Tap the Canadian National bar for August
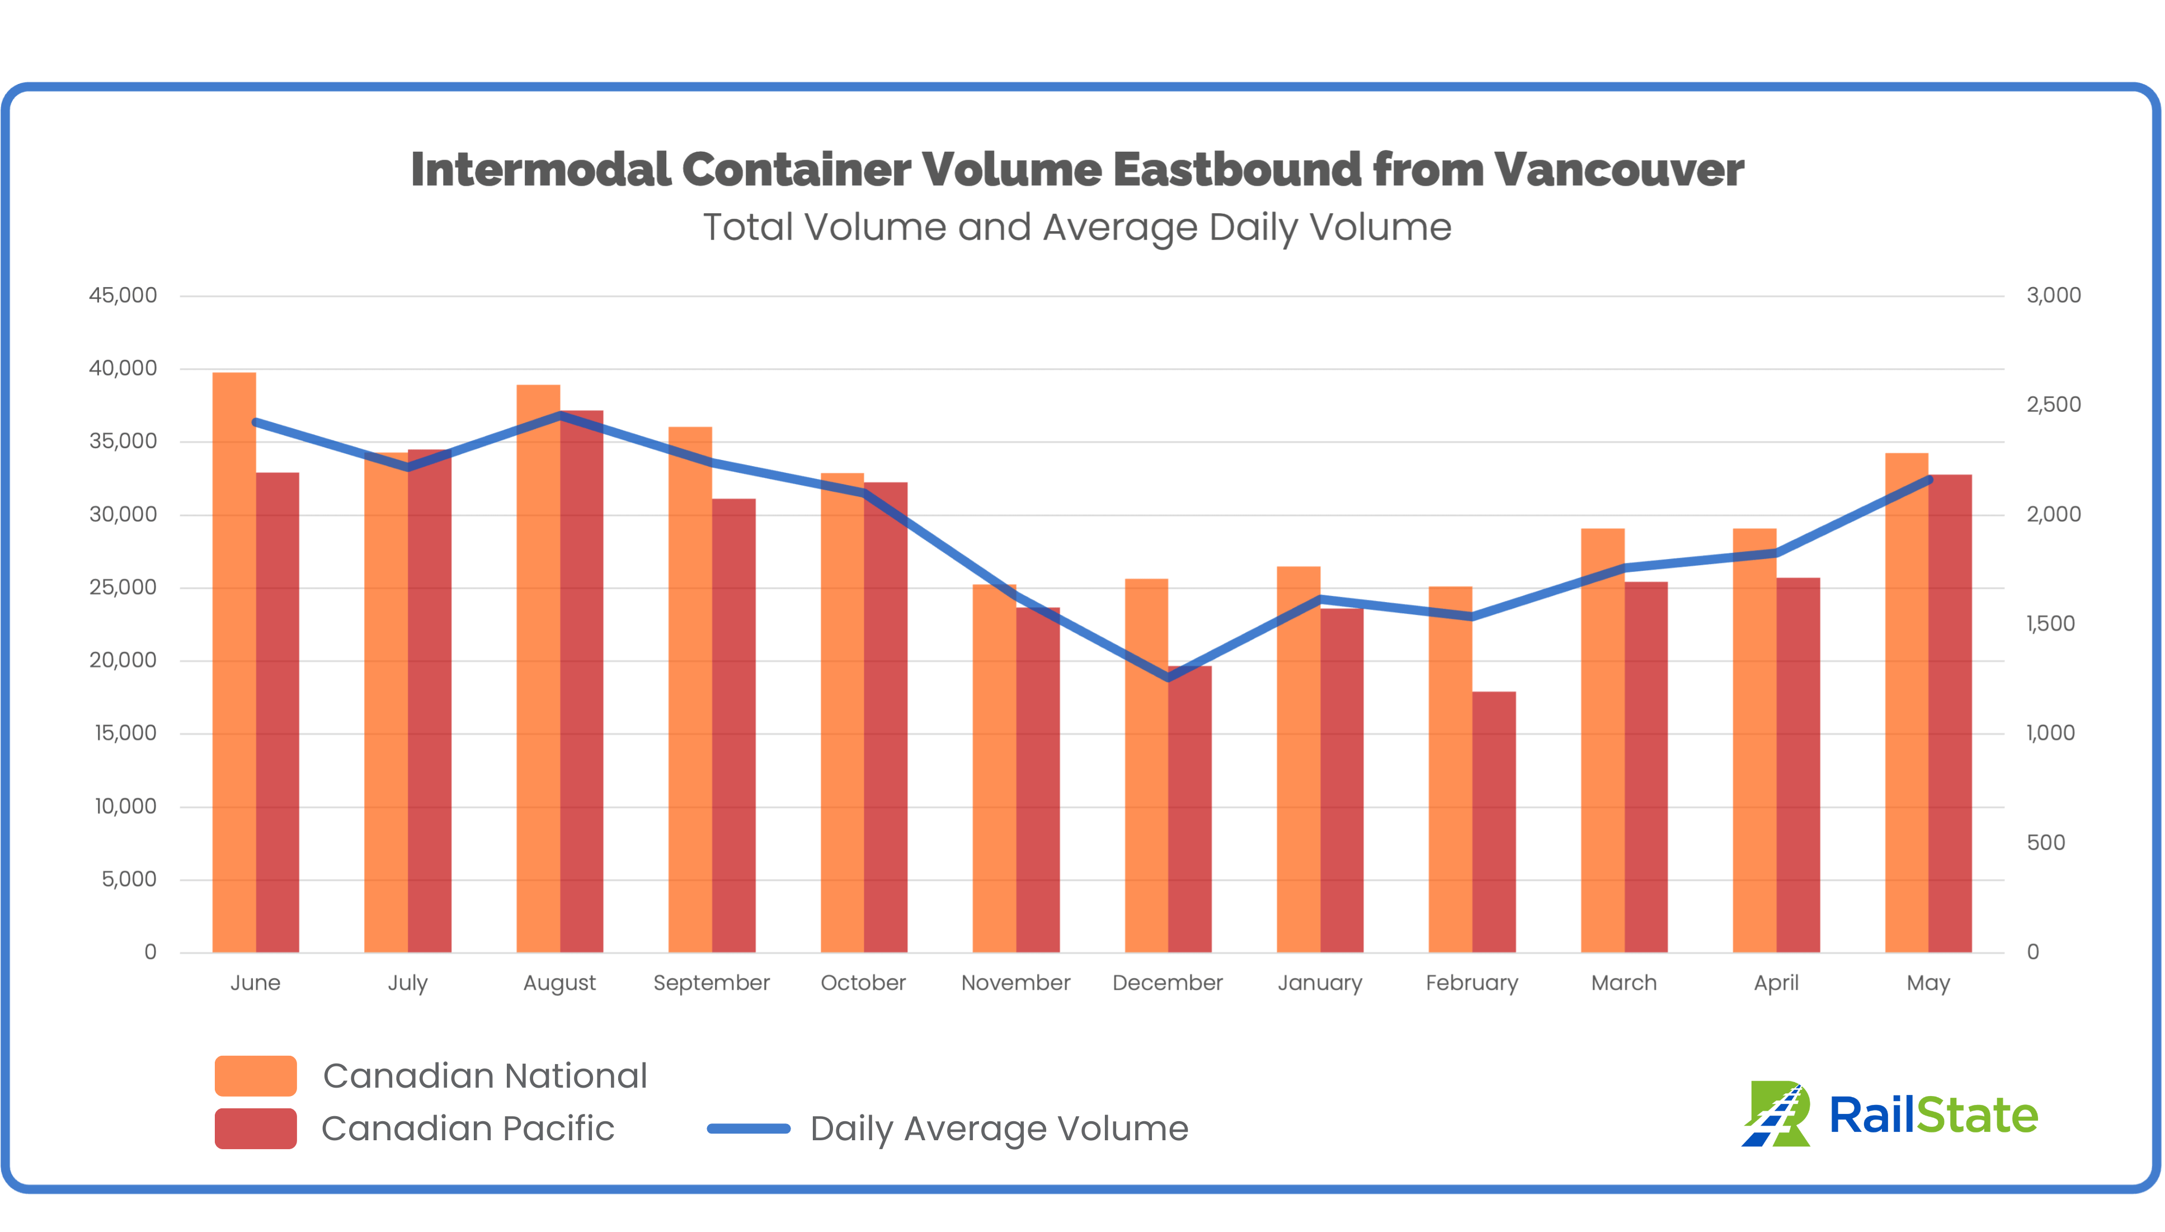point(538,669)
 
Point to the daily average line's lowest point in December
point(1168,678)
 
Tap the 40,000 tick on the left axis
point(124,368)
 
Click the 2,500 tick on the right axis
point(2053,405)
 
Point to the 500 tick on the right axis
point(2046,843)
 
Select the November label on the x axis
point(1015,982)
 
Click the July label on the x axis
point(408,983)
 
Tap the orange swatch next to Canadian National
point(256,1075)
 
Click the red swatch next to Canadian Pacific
point(256,1128)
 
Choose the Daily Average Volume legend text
point(999,1128)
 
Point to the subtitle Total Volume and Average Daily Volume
point(1077,227)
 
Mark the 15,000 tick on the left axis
point(125,733)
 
